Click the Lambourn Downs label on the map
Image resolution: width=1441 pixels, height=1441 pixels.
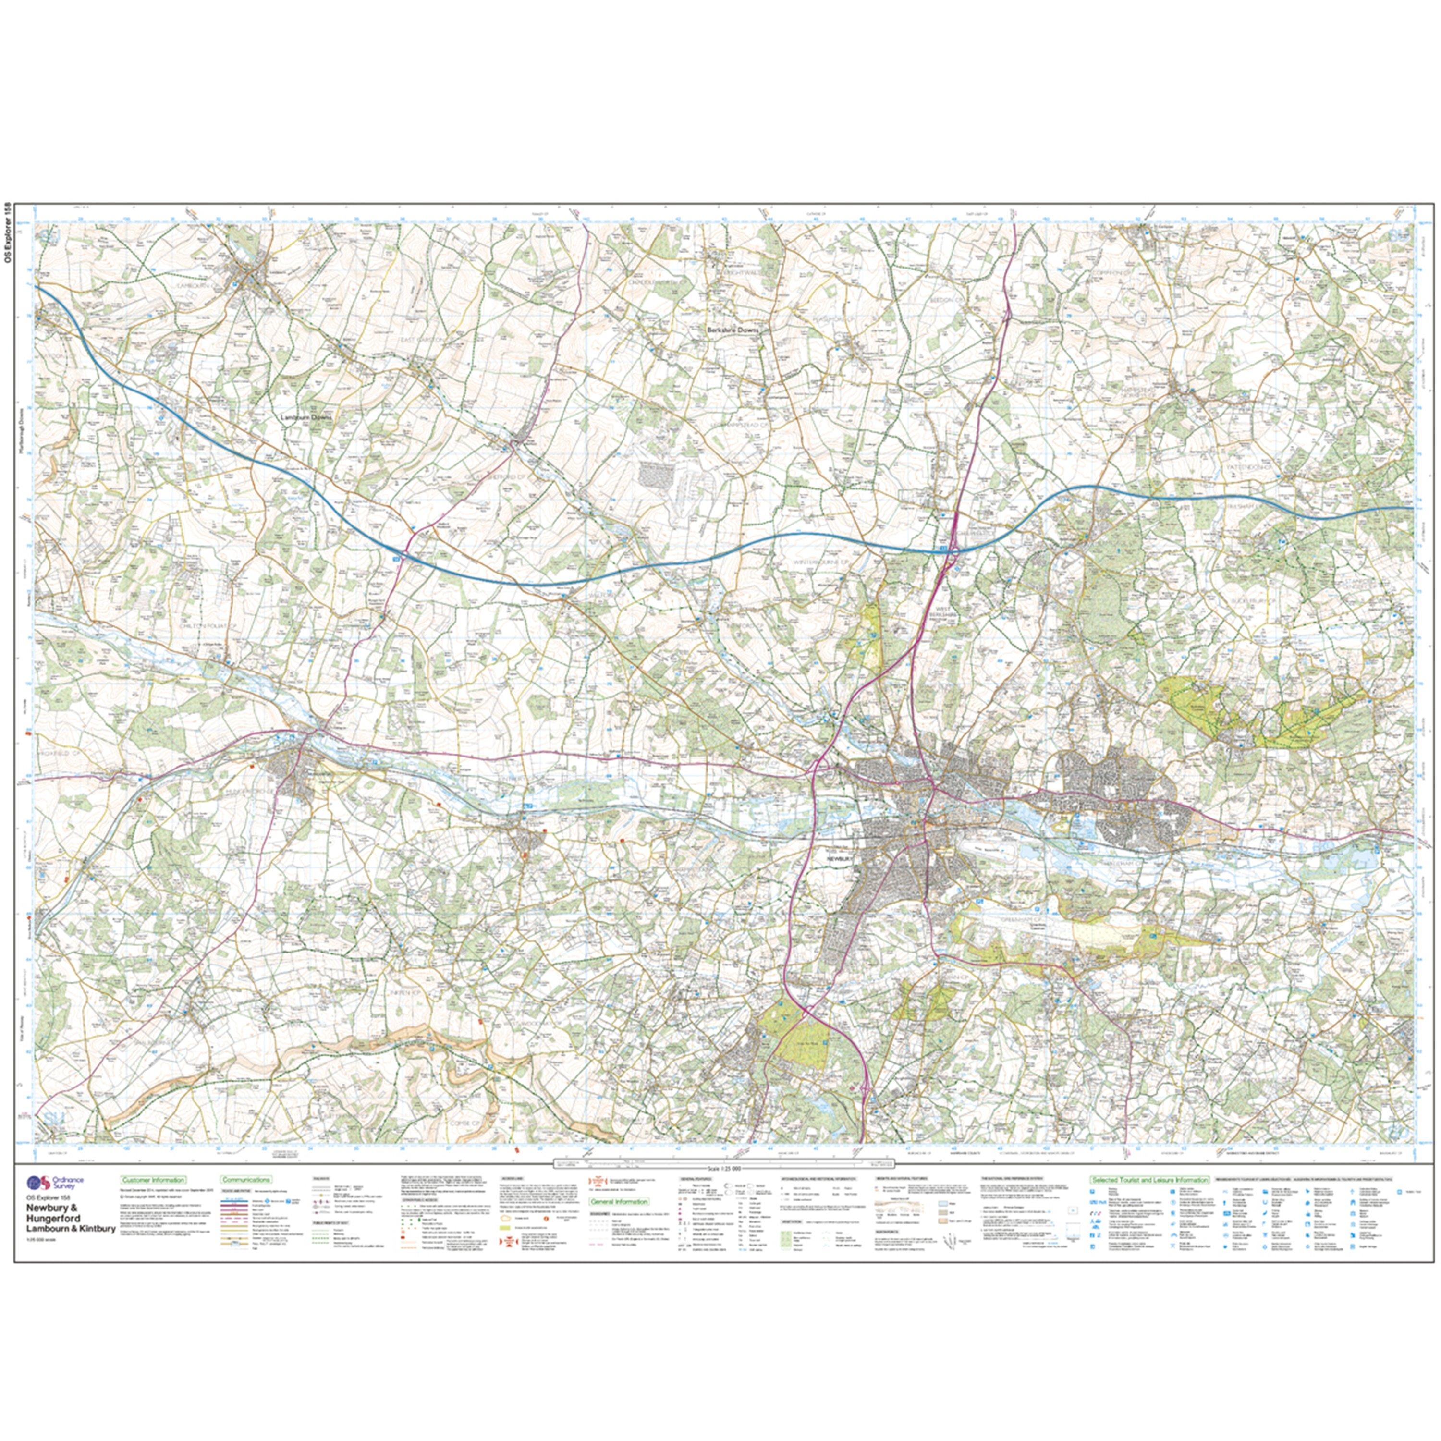[x=309, y=418]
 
